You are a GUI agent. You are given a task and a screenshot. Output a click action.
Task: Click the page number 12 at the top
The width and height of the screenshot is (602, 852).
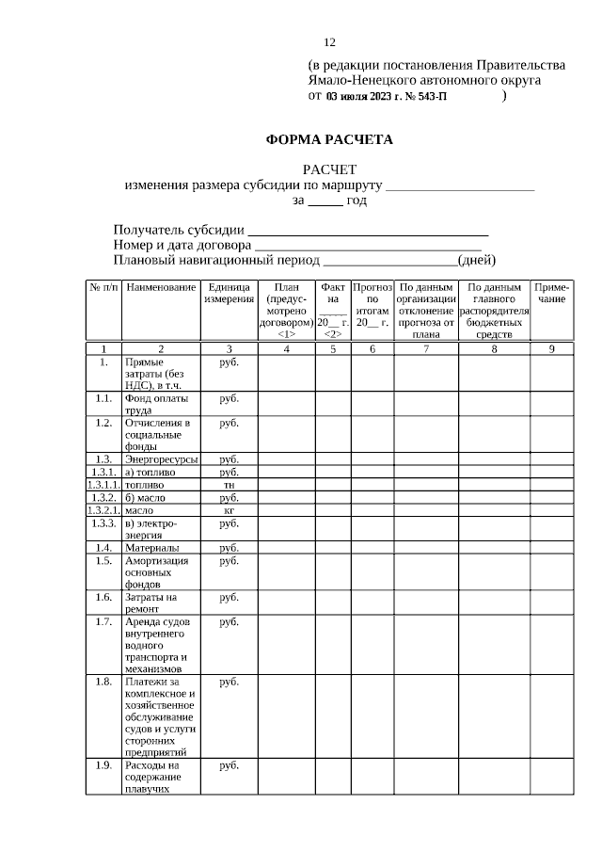329,42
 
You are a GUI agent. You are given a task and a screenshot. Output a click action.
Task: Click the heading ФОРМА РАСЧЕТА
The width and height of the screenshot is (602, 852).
329,140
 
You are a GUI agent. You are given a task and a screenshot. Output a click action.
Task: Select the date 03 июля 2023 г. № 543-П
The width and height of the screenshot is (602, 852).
387,96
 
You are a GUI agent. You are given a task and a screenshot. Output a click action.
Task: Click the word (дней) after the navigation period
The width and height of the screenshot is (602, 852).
476,261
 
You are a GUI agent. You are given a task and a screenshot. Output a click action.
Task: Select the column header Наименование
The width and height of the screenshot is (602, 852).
161,287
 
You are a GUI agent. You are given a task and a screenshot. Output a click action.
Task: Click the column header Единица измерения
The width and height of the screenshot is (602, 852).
230,293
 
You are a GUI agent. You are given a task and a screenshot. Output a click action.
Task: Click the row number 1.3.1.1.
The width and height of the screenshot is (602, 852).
103,485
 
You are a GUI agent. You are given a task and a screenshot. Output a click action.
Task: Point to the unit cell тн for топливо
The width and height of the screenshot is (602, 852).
229,485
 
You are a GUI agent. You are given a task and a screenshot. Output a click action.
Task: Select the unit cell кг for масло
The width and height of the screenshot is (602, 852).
229,510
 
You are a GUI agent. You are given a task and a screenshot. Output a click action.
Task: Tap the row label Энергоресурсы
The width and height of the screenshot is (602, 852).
161,459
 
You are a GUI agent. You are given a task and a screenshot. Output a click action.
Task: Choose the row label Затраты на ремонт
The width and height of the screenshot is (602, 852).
150,603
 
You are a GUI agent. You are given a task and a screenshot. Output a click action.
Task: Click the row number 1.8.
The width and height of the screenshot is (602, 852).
103,682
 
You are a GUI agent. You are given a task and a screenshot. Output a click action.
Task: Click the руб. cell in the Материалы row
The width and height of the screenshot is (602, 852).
229,547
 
